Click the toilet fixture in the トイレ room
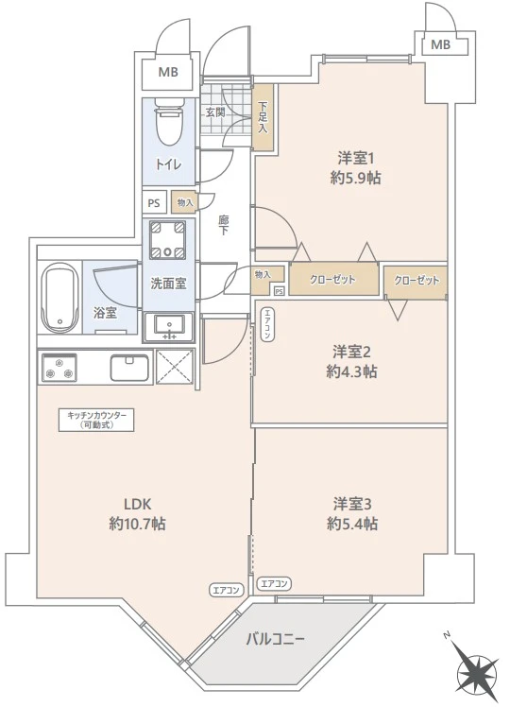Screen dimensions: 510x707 [168, 122]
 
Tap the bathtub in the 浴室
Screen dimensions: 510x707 [59, 297]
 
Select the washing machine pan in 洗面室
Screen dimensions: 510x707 [167, 240]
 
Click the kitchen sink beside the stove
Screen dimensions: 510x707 [129, 367]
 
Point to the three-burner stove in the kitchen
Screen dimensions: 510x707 [59, 367]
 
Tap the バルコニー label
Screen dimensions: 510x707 [275, 639]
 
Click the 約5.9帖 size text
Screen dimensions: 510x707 [355, 178]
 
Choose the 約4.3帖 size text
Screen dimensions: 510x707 [352, 371]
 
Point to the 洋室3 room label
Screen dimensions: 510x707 [352, 504]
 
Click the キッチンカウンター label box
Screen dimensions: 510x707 [96, 420]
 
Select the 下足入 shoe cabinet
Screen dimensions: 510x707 [263, 117]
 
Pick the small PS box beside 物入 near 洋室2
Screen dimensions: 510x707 [280, 291]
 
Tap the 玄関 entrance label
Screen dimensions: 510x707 [215, 112]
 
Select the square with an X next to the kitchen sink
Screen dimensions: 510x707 [175, 367]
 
